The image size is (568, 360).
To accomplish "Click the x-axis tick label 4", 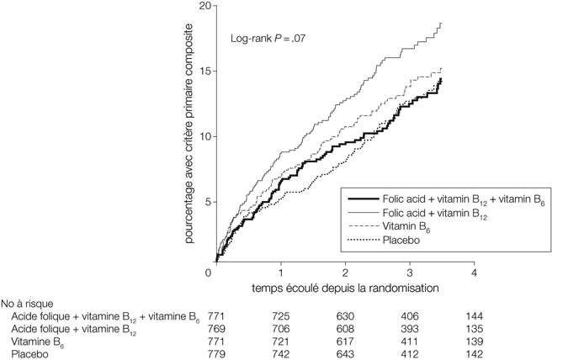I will click(475, 273).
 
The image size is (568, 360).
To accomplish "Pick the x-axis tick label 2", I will click(346, 273).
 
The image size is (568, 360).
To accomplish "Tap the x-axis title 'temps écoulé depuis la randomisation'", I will click(346, 288).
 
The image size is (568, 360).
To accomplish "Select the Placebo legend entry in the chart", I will click(390, 243).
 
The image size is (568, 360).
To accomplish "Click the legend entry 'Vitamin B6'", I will click(396, 228).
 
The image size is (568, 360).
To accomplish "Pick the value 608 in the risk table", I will click(347, 328).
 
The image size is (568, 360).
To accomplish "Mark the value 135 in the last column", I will click(475, 328).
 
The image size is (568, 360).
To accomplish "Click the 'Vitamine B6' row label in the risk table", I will click(39, 341).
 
